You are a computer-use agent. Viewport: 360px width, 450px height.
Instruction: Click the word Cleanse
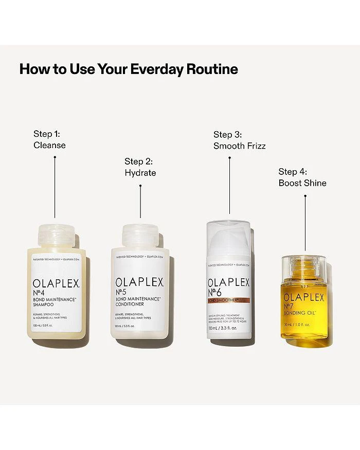[x=49, y=145]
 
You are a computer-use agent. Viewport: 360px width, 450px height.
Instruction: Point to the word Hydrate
[x=140, y=173]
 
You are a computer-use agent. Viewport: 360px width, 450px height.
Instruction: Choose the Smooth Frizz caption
[x=239, y=146]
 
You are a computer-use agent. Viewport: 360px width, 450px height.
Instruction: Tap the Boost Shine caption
[x=302, y=183]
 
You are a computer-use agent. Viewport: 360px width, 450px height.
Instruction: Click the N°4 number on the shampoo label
[x=41, y=295]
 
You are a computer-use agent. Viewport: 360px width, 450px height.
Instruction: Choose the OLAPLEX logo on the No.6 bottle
[x=228, y=283]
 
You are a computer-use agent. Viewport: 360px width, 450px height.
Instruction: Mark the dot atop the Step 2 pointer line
[x=140, y=187]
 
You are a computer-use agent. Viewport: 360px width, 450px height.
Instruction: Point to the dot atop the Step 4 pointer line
[x=304, y=195]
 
